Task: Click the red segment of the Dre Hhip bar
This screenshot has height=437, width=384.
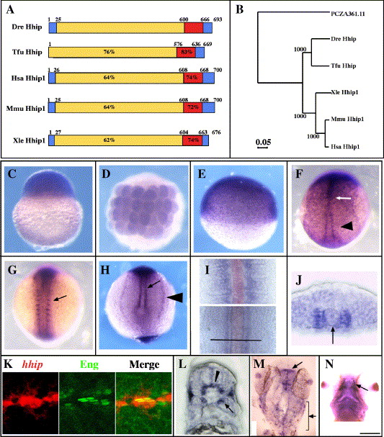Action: click(193, 28)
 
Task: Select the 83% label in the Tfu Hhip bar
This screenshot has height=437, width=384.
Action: click(187, 52)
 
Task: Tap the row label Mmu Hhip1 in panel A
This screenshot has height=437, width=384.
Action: click(26, 108)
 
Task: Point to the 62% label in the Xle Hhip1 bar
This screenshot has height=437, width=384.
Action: click(109, 140)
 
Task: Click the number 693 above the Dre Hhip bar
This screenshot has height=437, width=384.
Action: click(218, 19)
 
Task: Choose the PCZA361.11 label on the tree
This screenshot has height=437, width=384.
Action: click(348, 14)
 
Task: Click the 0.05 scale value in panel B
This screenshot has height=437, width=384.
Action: click(263, 142)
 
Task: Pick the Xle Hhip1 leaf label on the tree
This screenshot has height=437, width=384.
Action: click(344, 92)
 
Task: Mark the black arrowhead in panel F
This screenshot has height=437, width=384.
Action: click(347, 227)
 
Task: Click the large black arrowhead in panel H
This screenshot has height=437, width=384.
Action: click(175, 297)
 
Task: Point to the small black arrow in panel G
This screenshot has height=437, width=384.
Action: click(60, 298)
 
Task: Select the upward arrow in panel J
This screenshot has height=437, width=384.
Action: click(333, 335)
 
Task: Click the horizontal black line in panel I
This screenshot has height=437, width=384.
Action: click(236, 340)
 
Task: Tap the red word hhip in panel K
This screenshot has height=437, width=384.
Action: click(32, 364)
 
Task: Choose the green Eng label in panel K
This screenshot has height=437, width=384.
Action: click(89, 364)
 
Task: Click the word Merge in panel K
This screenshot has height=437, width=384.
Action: click(145, 364)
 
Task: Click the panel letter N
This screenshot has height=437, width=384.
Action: click(329, 364)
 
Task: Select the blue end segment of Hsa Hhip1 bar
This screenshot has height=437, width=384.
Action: click(209, 78)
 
